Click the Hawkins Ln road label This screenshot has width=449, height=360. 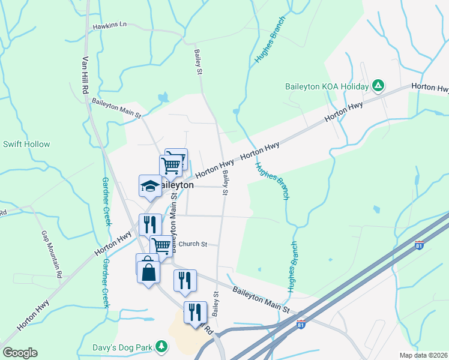tap(110, 25)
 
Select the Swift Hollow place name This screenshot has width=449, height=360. tap(26, 144)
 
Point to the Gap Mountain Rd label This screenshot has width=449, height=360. tap(52, 254)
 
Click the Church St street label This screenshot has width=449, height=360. tap(193, 244)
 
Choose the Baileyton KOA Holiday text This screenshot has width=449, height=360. tap(326, 86)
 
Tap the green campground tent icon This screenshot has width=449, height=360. tap(378, 86)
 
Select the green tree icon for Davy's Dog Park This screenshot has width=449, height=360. tap(161, 346)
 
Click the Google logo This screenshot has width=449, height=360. tap(20, 353)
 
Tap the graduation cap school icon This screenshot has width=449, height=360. tap(149, 185)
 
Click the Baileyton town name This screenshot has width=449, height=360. tap(174, 185)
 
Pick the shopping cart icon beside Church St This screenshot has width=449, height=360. tap(160, 245)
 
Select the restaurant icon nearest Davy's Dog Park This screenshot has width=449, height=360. tap(196, 312)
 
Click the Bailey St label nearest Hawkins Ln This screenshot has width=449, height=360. tap(197, 62)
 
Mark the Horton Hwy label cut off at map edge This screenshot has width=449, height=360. tap(431, 88)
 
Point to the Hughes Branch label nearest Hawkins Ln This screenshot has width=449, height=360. tap(270, 37)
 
